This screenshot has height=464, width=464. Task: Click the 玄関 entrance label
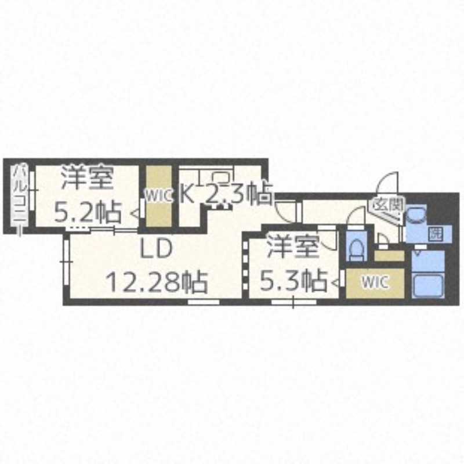click(x=387, y=205)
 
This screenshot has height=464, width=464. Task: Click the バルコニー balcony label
click(x=20, y=195)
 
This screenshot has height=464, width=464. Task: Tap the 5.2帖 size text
click(x=88, y=212)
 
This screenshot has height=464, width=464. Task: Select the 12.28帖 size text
click(x=157, y=282)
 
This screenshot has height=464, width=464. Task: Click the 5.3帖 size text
click(x=293, y=280)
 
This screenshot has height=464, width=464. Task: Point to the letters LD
click(x=156, y=248)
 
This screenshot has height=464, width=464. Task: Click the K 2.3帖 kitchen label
click(x=226, y=193)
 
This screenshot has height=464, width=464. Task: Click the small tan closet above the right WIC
click(x=389, y=256)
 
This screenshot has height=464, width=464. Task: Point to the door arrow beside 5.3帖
click(x=336, y=283)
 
